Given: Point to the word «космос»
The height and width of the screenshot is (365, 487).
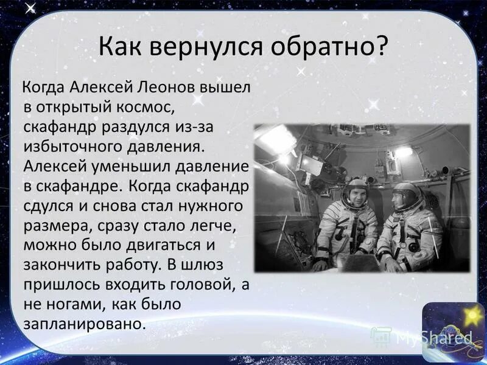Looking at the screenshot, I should tap(145, 108).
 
